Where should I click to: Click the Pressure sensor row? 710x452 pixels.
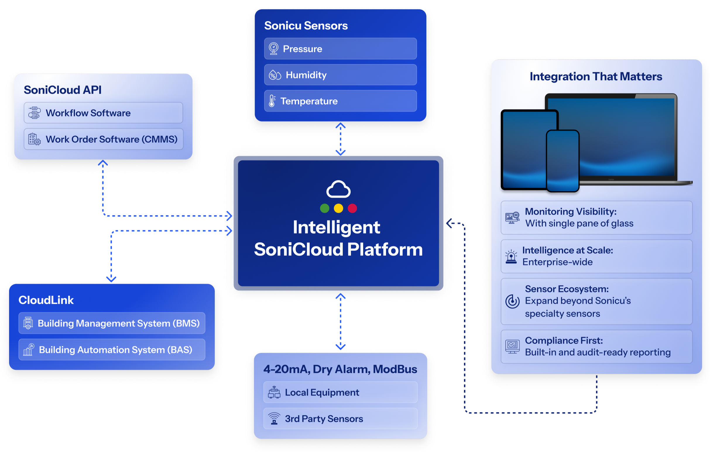[340, 49]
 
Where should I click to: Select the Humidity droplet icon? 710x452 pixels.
[275, 75]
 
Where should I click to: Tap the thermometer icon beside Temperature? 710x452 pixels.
[272, 101]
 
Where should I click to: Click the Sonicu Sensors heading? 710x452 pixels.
[306, 26]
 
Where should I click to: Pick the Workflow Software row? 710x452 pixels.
[103, 113]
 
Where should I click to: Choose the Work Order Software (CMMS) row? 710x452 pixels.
[103, 139]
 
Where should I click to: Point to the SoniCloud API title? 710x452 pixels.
[63, 90]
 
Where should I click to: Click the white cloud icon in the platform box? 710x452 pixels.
[339, 189]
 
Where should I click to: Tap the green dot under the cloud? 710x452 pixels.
[325, 208]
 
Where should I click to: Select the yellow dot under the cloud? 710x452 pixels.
[339, 208]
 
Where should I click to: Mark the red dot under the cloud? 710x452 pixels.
[352, 208]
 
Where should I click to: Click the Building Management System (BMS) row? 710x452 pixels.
[112, 323]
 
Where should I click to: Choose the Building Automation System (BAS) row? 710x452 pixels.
[112, 350]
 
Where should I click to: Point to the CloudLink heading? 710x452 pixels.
[46, 300]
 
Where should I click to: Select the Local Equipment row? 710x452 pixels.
[340, 393]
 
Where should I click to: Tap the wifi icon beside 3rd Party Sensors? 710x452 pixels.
[274, 418]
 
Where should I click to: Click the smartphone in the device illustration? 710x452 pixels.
[562, 161]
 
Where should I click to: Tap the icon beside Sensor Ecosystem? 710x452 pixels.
[512, 301]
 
